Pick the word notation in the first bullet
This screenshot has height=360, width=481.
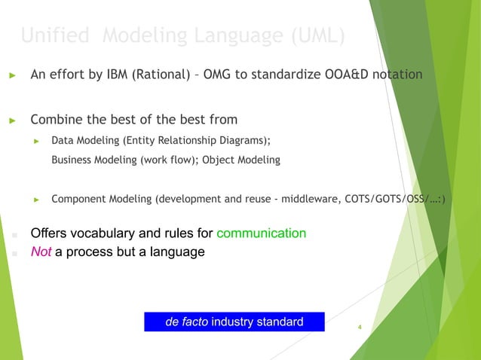click(396, 75)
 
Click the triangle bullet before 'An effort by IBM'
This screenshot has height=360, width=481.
click(12, 76)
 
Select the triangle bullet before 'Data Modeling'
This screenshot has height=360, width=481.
click(35, 141)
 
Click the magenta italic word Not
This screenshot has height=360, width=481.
click(40, 252)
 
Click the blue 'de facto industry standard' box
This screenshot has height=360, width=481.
click(234, 322)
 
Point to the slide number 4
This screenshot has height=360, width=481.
click(360, 328)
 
